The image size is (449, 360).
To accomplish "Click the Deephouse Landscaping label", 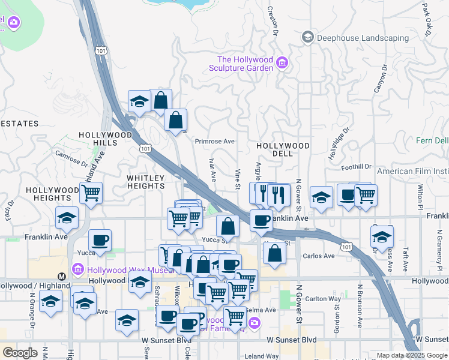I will point(363,38).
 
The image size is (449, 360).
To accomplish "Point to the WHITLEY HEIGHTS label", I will point(145,182).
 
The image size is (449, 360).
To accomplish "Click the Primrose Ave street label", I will point(215,142).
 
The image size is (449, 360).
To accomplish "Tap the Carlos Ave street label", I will point(319,256).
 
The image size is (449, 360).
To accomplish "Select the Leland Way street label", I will point(261,356).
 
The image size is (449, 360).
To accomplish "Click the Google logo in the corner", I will point(20,353).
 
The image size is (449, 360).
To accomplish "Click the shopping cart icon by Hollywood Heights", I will point(91,193).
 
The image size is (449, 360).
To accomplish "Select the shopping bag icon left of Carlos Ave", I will point(274,253).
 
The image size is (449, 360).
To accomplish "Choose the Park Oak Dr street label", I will point(427,19).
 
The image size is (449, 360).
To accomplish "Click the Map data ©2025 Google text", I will point(411,355).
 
